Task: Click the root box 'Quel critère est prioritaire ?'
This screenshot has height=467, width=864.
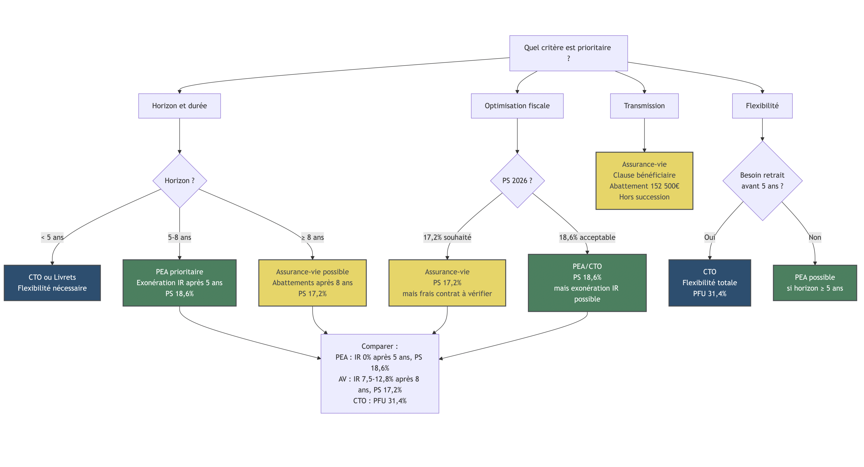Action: coord(568,53)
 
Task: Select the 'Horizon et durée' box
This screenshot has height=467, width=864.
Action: coord(180,106)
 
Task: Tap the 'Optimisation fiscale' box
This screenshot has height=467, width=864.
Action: coord(517,106)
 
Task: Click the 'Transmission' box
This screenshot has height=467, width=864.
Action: coord(644,106)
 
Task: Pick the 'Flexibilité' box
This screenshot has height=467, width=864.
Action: coord(762,106)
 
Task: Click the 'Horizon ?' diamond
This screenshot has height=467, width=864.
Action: coord(180,181)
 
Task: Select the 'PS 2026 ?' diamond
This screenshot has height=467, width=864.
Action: coord(517,181)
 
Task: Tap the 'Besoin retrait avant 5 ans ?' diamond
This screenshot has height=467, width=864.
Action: coord(762,181)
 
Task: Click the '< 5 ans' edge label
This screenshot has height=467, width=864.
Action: coord(52,237)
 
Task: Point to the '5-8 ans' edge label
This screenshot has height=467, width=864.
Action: coord(180,237)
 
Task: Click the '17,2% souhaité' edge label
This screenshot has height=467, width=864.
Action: coord(447,237)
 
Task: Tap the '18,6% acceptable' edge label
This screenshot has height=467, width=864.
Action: coord(587,237)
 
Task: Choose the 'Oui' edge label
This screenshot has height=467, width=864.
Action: coord(709,237)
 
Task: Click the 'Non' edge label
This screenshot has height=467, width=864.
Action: coord(815,237)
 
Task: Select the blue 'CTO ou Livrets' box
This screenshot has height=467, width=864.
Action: coord(52,283)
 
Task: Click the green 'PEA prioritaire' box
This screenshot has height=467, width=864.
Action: coord(180,283)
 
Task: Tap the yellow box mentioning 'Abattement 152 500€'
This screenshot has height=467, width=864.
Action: coord(644,181)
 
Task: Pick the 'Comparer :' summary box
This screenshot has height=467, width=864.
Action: coord(380,373)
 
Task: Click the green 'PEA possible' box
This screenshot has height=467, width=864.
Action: coord(815,283)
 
